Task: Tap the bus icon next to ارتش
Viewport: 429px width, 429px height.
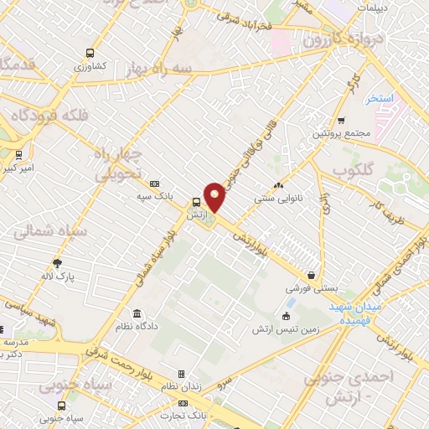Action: [195, 202]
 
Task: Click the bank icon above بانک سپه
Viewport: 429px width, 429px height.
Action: [155, 183]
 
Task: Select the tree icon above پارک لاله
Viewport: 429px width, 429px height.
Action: [57, 262]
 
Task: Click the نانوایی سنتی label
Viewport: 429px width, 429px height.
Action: [277, 199]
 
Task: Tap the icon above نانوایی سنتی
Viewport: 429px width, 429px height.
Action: [278, 186]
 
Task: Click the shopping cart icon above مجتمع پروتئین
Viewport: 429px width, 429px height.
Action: [342, 121]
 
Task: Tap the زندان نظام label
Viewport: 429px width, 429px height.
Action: [181, 388]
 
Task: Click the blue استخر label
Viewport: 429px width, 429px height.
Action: [379, 99]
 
